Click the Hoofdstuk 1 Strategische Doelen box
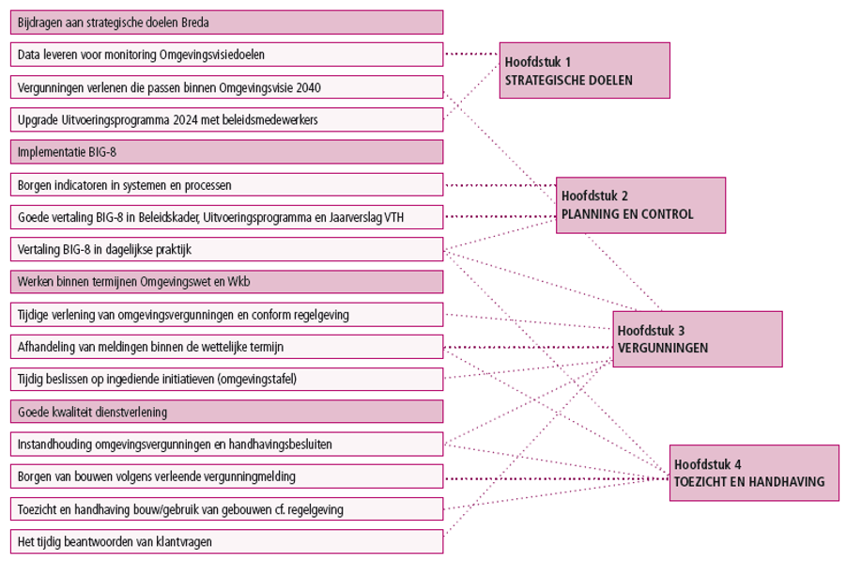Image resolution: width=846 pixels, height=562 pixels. [584, 70]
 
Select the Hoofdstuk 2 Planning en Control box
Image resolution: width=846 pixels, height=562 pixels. [640, 205]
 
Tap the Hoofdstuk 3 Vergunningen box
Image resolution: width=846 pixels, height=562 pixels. [697, 339]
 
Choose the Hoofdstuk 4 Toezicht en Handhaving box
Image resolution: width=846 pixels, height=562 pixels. [754, 473]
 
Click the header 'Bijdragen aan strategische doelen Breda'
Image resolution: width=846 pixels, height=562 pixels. [226, 23]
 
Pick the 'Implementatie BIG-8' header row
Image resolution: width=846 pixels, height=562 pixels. [226, 152]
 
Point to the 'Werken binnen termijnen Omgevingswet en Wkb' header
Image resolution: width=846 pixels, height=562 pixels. [226, 282]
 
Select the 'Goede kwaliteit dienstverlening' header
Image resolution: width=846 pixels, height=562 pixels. [226, 412]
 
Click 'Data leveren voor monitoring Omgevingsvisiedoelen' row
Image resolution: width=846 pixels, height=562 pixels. [226, 55]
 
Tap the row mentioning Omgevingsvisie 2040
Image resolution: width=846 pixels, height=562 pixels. [226, 87]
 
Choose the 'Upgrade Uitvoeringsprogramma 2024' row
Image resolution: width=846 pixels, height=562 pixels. [226, 119]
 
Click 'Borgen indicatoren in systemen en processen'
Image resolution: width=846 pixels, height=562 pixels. [226, 184]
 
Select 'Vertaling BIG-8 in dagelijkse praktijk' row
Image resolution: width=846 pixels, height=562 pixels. [226, 249]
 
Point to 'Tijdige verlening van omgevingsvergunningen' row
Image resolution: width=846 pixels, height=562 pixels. [226, 314]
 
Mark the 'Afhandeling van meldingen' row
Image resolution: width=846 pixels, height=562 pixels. [226, 347]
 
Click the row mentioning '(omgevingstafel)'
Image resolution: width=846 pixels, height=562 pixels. [226, 379]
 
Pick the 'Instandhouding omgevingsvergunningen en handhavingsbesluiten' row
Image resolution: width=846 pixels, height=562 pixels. [226, 444]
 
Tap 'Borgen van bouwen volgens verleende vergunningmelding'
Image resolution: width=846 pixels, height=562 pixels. [226, 476]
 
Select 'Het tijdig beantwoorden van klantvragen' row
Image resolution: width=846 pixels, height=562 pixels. [226, 541]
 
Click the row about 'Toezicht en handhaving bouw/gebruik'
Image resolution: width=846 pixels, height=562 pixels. [226, 508]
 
